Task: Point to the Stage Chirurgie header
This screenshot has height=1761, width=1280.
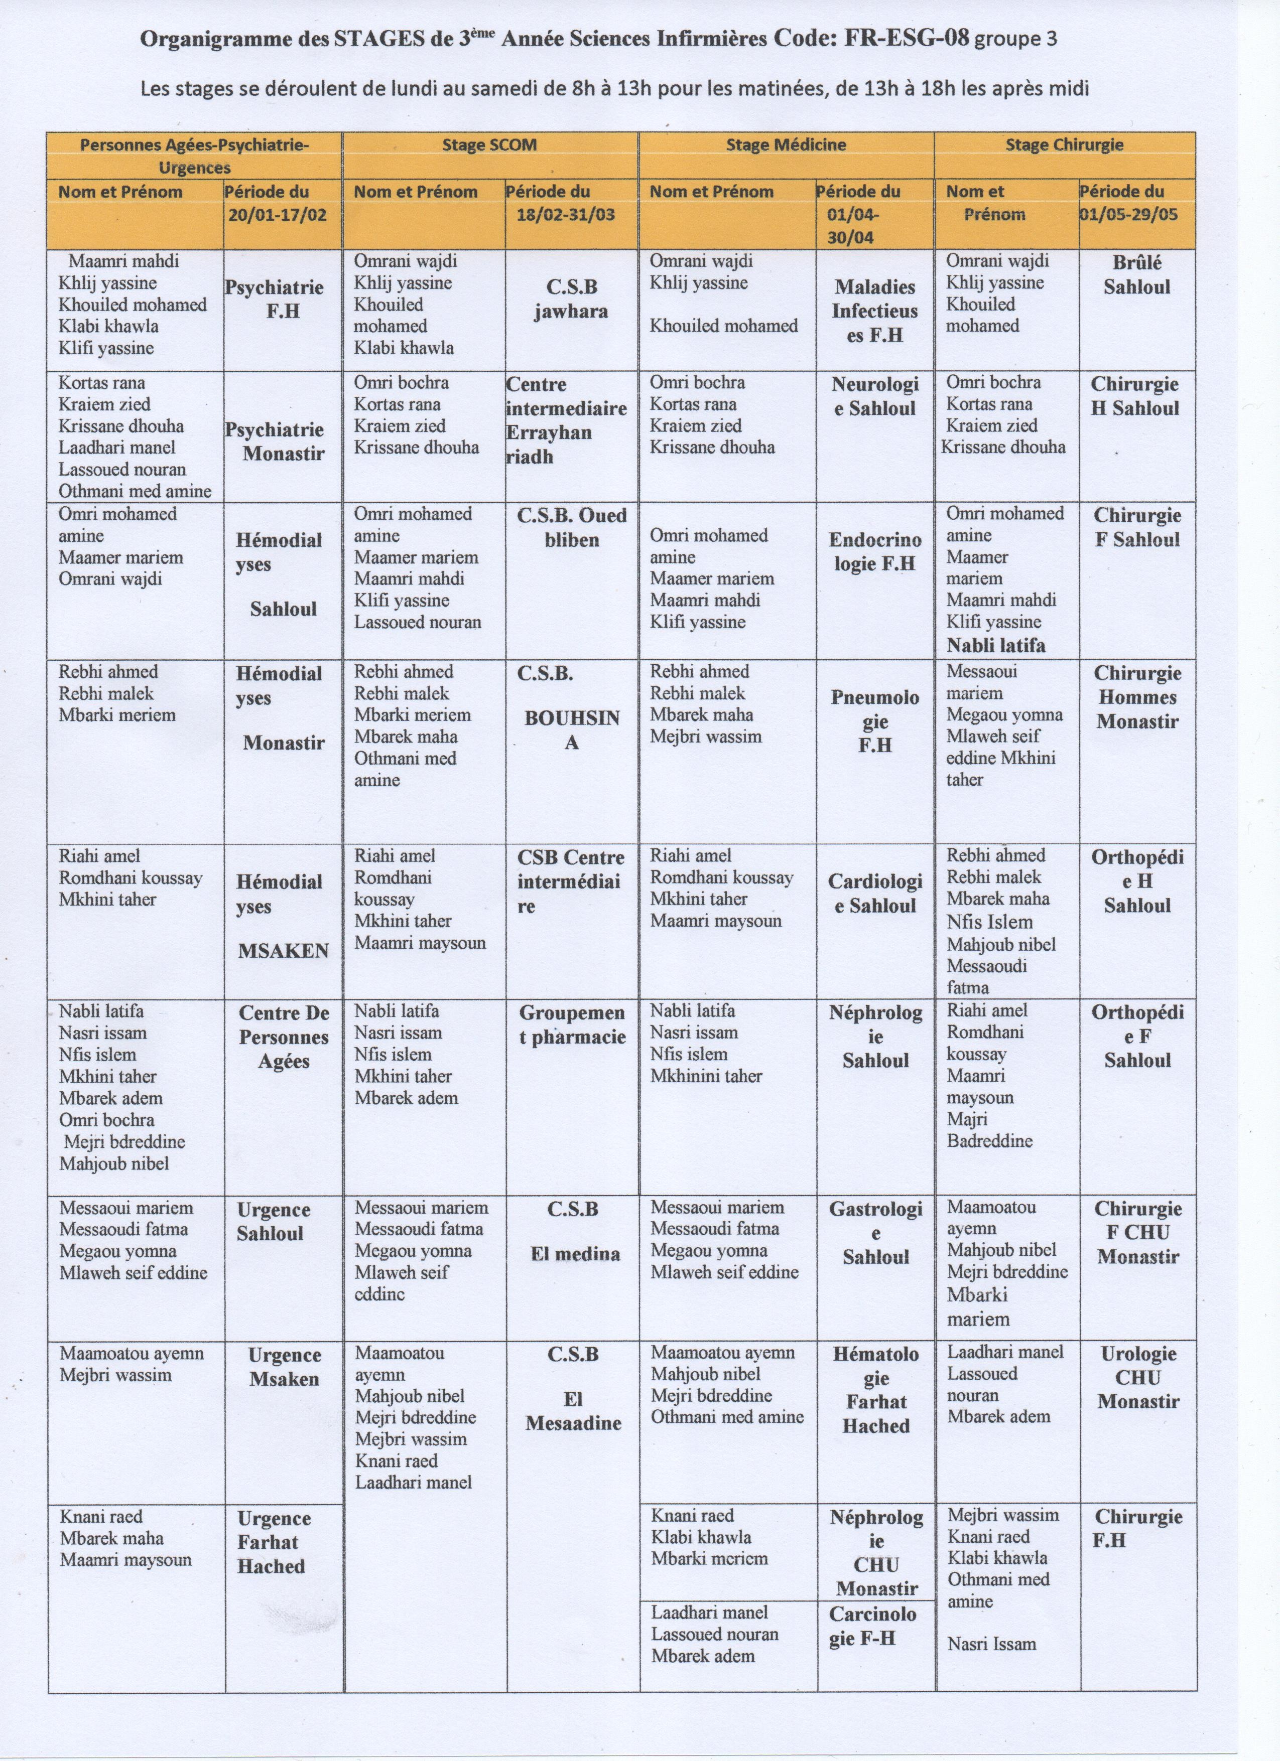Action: click(1064, 145)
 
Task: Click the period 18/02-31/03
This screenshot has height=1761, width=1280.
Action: click(565, 214)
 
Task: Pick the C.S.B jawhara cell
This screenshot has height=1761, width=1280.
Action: click(572, 299)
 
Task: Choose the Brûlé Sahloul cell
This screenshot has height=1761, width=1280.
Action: click(1136, 275)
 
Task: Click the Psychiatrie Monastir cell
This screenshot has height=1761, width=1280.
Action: click(283, 442)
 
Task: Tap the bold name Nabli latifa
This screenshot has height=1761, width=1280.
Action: click(996, 645)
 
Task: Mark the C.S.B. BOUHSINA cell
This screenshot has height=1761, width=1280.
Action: click(572, 708)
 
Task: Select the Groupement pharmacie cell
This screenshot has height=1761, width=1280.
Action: click(572, 1025)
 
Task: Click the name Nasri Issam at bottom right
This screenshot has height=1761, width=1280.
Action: click(991, 1644)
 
